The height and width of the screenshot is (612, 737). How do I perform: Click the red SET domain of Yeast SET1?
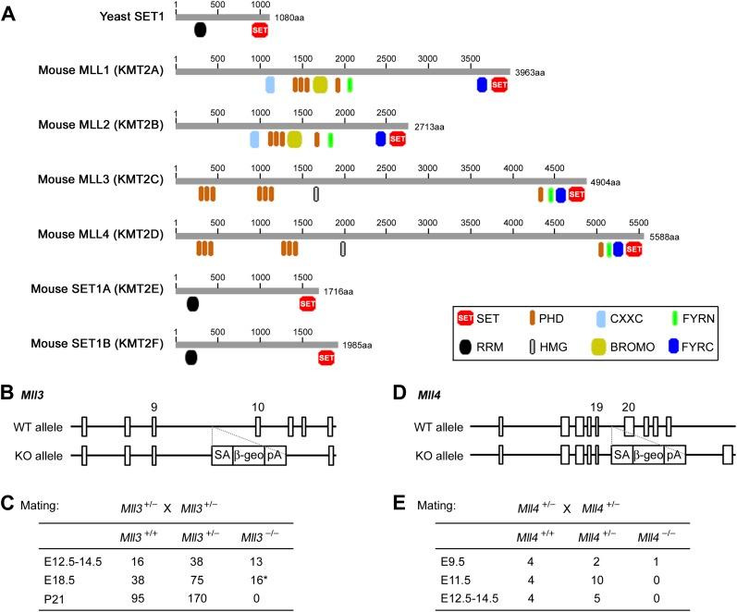pyautogui.click(x=260, y=31)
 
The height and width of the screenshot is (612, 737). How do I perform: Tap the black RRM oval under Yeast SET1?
pyautogui.click(x=201, y=31)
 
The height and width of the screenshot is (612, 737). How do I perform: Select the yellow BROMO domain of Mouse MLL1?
pyautogui.click(x=320, y=85)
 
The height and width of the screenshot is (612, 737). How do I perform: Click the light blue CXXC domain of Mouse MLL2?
pyautogui.click(x=254, y=139)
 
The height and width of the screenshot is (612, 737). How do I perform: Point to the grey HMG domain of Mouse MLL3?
pyautogui.click(x=317, y=194)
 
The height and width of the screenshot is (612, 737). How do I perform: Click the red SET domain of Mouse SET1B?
pyautogui.click(x=326, y=358)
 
